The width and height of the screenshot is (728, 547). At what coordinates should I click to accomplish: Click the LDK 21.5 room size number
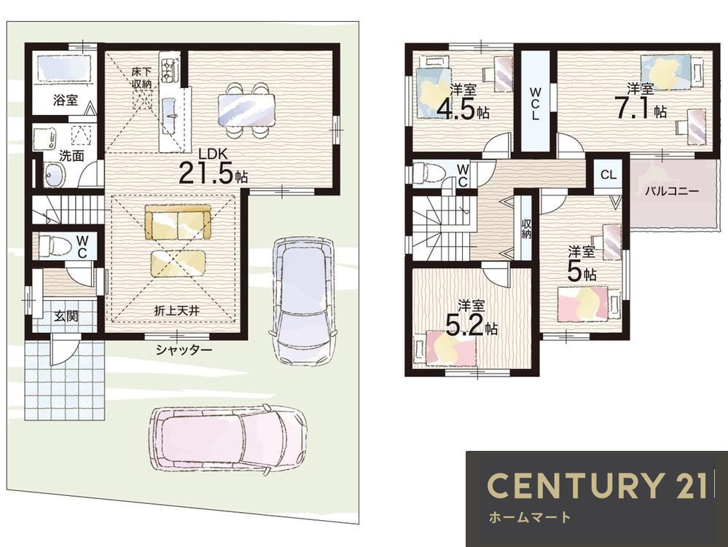coord(206,173)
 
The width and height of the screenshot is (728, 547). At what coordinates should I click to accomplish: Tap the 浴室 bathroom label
coord(66,99)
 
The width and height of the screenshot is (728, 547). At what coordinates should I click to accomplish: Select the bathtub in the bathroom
coord(63,69)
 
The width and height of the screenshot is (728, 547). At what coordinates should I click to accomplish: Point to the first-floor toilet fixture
coord(52,245)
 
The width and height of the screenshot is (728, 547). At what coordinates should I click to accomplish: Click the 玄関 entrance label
coord(66,316)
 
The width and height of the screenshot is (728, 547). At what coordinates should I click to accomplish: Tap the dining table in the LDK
coord(246,109)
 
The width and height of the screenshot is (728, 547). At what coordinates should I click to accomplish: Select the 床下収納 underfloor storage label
coord(141,77)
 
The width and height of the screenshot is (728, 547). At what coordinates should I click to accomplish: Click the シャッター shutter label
coord(184,349)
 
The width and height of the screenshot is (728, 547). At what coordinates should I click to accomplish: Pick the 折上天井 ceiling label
coord(177,310)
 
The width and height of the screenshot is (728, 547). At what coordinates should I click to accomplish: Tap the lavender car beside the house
coord(302,301)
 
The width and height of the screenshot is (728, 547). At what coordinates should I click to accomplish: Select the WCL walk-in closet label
coord(536,103)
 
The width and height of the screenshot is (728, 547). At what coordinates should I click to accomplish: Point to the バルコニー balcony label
coord(671,191)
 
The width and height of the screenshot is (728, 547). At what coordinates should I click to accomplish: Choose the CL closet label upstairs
coord(608,175)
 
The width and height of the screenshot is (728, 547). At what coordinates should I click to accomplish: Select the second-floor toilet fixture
coord(428,173)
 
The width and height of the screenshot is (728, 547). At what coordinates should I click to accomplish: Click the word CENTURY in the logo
coord(574,485)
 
